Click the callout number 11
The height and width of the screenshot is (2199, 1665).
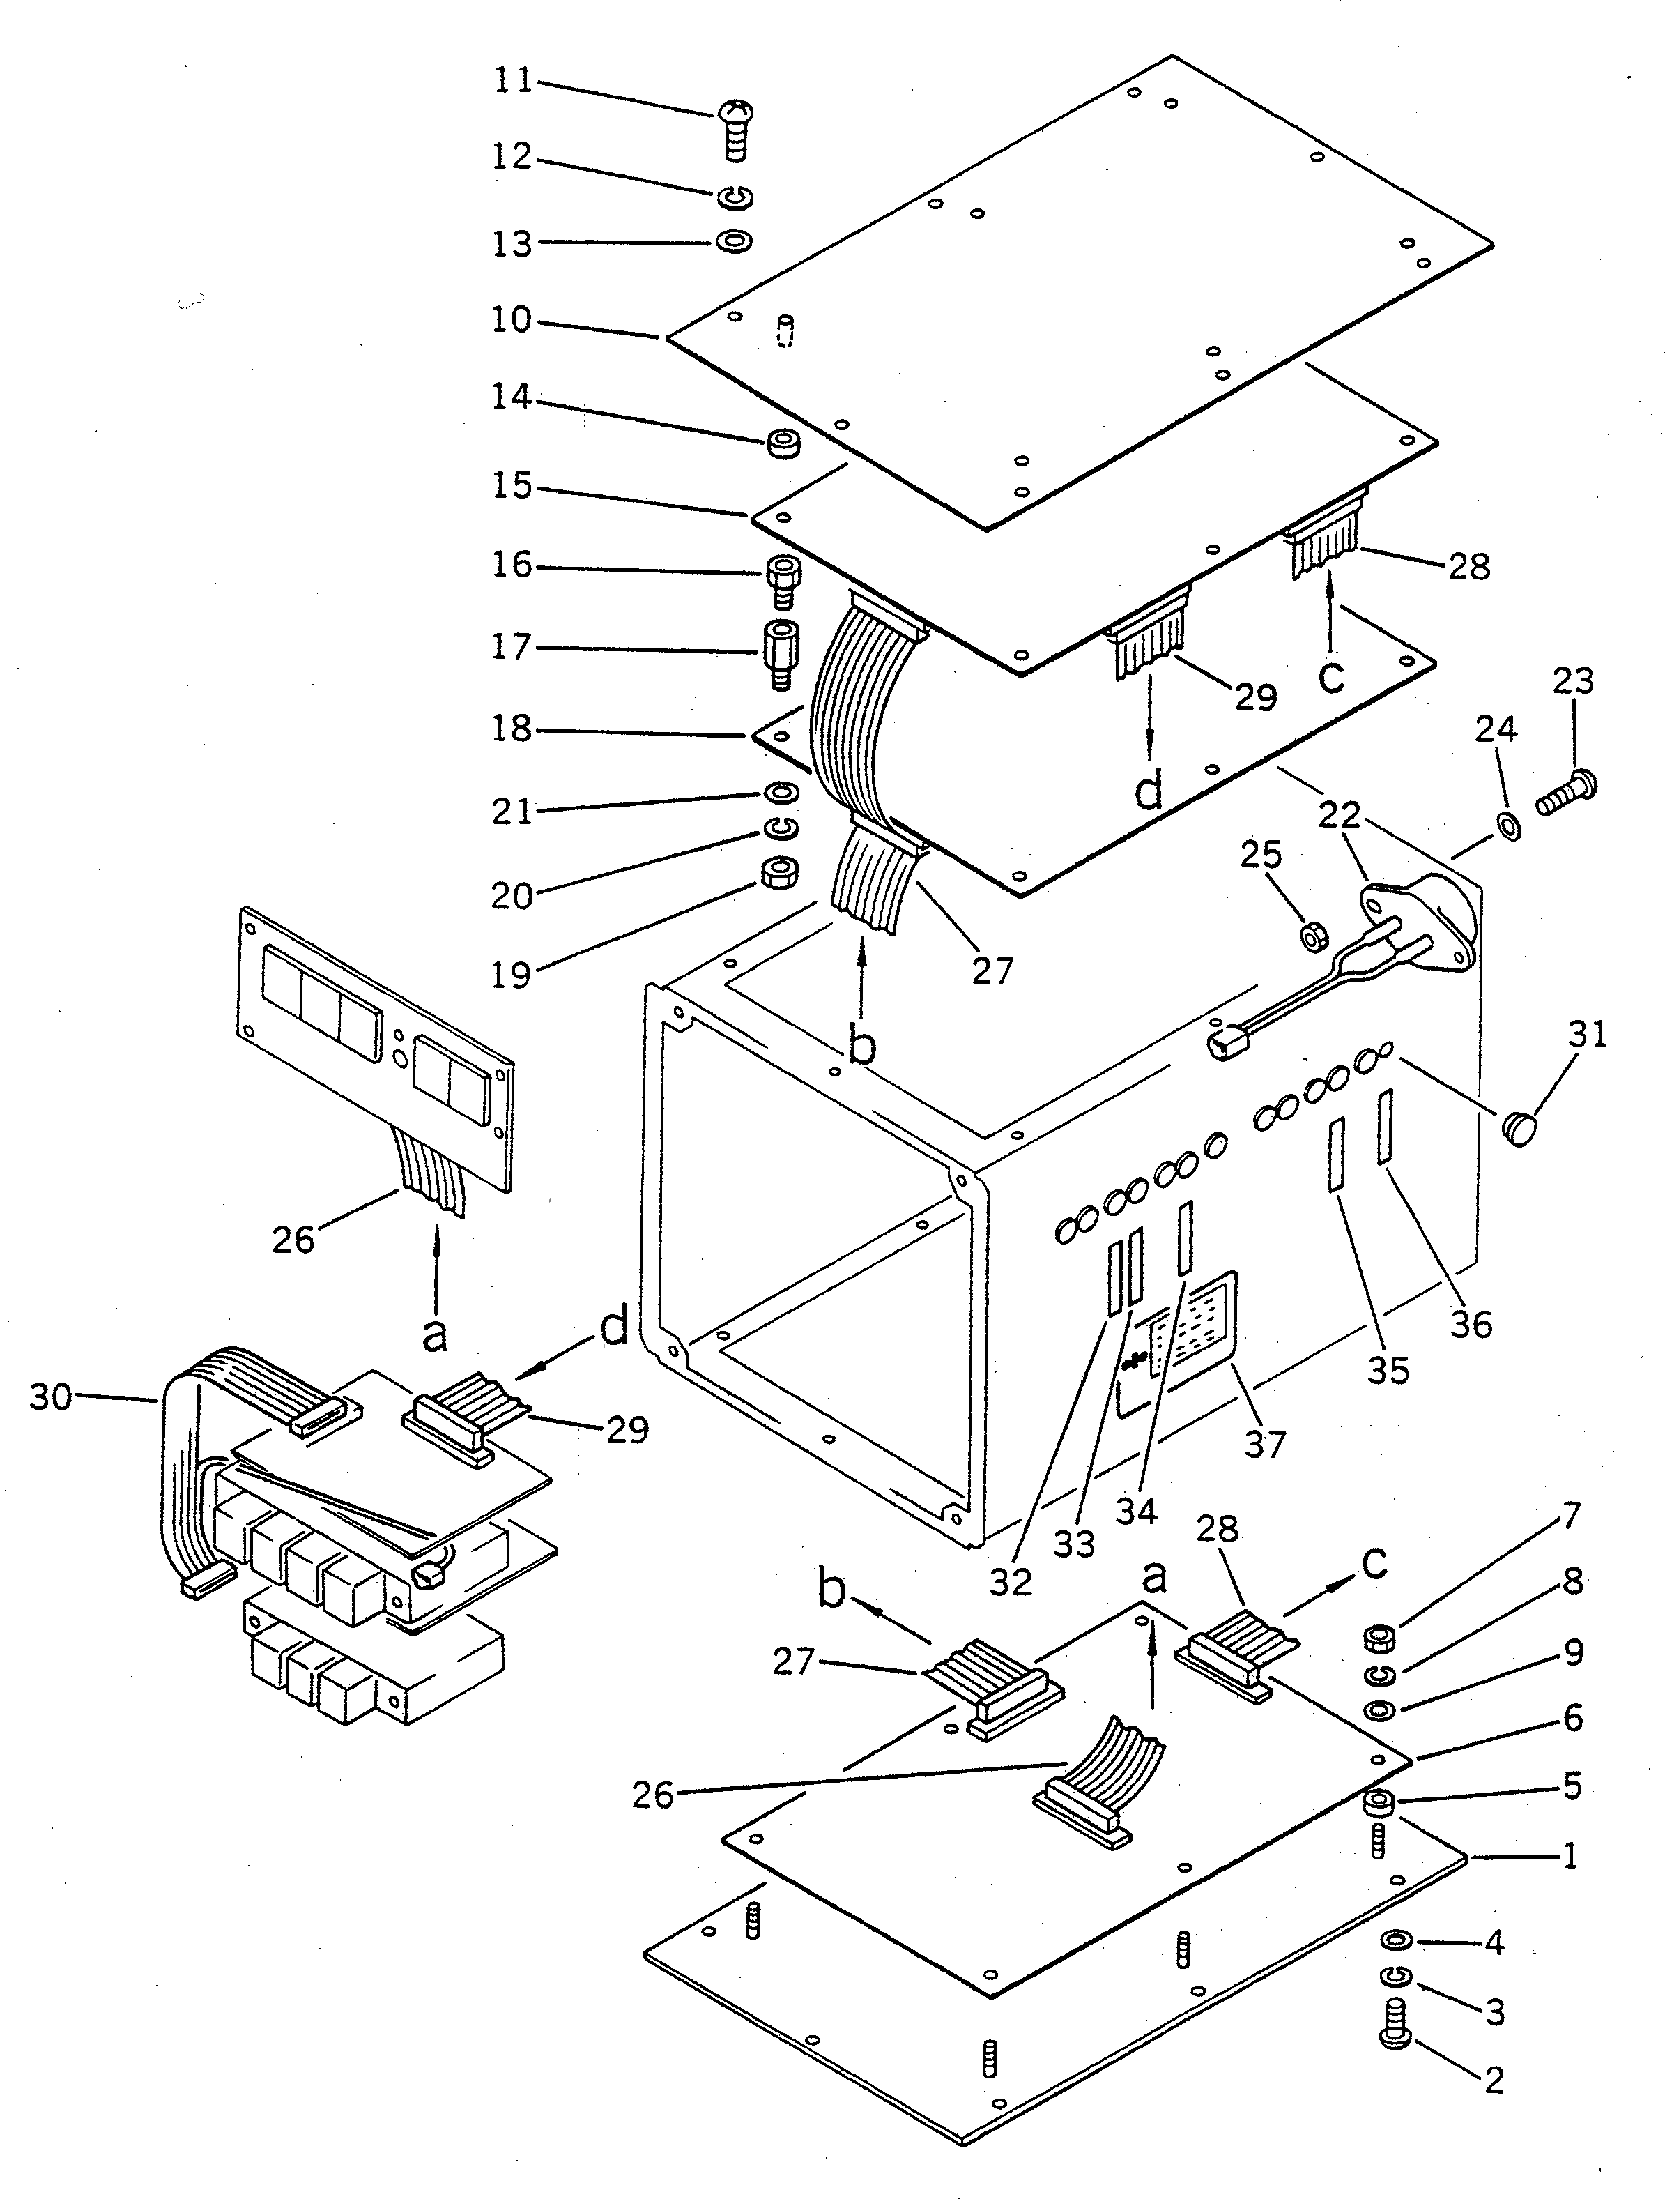(514, 80)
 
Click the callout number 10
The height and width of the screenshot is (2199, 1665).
(512, 320)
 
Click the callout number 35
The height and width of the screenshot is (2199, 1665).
(1388, 1370)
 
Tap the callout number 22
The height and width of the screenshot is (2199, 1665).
(1339, 815)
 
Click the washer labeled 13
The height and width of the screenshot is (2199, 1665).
(735, 241)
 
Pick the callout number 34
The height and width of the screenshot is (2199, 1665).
(1135, 1510)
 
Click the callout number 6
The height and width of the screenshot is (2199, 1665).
(1572, 1717)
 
